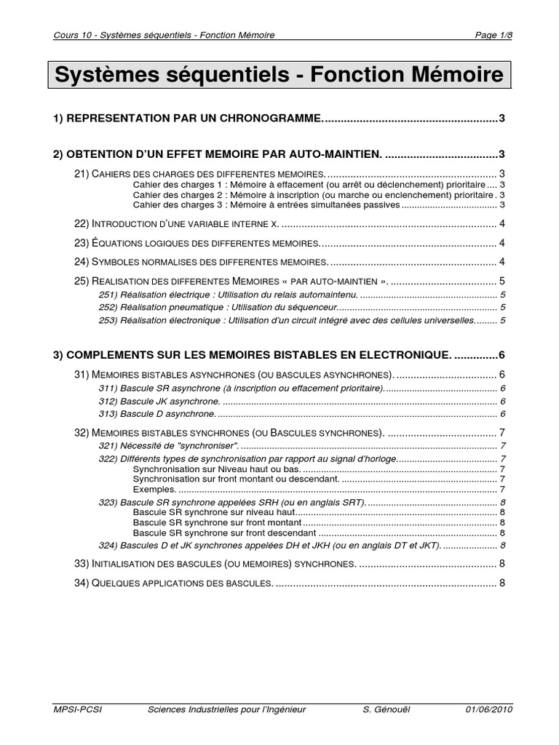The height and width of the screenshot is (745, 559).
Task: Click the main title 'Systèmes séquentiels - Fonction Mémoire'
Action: pyautogui.click(x=279, y=76)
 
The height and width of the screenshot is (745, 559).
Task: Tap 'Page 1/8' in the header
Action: pyautogui.click(x=493, y=36)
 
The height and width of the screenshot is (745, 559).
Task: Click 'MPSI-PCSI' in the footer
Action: pyautogui.click(x=78, y=709)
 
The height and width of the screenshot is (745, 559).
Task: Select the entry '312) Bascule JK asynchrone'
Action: pyautogui.click(x=159, y=402)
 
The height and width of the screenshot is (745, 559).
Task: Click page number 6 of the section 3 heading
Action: pyautogui.click(x=501, y=354)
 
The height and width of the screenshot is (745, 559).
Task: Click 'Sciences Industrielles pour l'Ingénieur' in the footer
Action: pyautogui.click(x=226, y=709)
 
